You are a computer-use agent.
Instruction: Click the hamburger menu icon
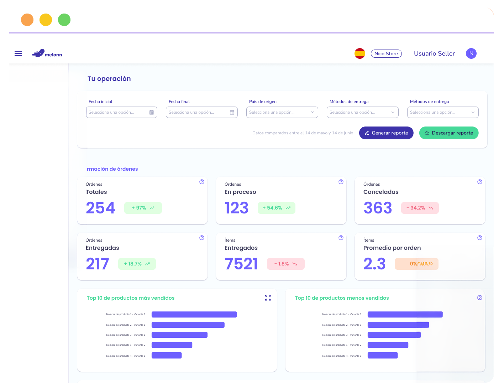tap(18, 53)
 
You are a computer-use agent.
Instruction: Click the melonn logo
tap(47, 53)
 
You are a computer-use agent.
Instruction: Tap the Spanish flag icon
tap(359, 53)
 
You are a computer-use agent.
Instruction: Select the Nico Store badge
tap(386, 53)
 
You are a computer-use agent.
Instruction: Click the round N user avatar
tap(471, 53)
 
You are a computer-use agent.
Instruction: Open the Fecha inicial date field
tap(117, 112)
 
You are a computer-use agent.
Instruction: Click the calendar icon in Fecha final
tap(232, 112)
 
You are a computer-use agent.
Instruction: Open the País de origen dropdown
tap(282, 112)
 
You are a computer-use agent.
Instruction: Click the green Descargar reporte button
tap(448, 133)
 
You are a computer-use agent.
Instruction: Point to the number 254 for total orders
tap(100, 208)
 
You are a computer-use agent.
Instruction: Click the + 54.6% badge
tap(276, 208)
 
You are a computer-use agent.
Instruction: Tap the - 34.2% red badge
tap(420, 208)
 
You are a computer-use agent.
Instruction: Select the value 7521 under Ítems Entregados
tap(241, 264)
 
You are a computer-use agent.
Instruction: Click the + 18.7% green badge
tap(137, 264)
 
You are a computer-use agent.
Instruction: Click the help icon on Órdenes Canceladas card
tap(479, 182)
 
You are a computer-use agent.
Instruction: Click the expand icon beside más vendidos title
tap(268, 298)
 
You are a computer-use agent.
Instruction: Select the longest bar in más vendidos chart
tap(194, 314)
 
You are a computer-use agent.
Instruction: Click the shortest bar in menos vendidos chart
tap(382, 355)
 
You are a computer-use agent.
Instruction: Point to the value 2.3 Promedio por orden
tap(374, 264)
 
